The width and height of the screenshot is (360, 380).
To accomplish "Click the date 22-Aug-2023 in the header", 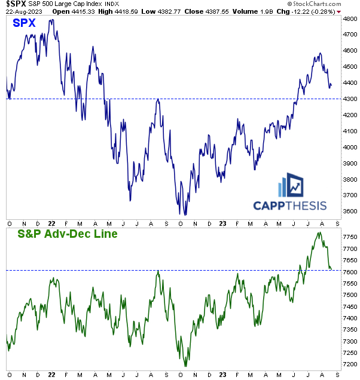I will [22, 11].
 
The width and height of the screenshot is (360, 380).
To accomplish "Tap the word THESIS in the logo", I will [305, 206].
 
